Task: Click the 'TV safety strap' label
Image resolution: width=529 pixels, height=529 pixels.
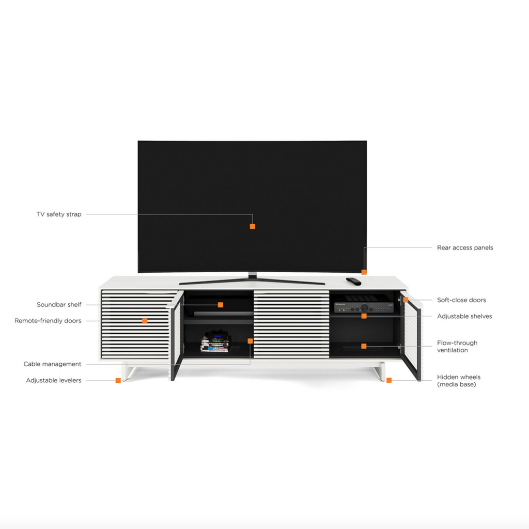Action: tap(59, 214)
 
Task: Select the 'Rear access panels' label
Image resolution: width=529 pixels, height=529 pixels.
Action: tap(465, 247)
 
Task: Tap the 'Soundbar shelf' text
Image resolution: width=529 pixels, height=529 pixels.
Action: tap(59, 305)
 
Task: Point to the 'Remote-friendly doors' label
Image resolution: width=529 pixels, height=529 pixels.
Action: tap(48, 321)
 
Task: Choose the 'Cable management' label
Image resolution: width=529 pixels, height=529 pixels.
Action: tap(52, 364)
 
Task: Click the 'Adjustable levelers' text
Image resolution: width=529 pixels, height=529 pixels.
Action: tap(54, 381)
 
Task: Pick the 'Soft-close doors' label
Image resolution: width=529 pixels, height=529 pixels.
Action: tap(461, 300)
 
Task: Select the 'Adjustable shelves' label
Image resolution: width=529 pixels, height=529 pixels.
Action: tap(464, 316)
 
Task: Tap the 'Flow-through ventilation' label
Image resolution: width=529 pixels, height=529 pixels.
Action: tap(457, 347)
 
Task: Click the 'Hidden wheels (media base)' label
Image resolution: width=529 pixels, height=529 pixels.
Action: tap(459, 381)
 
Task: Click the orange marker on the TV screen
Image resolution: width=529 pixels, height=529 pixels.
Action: tap(252, 226)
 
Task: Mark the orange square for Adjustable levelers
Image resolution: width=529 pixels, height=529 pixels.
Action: tap(118, 381)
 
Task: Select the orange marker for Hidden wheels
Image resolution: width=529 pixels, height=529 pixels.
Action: tap(389, 380)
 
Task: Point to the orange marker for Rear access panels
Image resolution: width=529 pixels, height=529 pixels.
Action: tap(364, 272)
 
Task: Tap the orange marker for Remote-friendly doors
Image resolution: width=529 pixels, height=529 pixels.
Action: tap(145, 321)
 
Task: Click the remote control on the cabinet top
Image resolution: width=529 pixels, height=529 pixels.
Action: tap(353, 281)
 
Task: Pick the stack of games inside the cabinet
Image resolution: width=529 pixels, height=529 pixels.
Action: tap(216, 341)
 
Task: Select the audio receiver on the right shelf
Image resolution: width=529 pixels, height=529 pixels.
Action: tap(364, 304)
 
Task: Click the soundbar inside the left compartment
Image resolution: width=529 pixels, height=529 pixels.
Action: tap(223, 314)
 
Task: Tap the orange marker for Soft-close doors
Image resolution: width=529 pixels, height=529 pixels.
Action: tap(406, 300)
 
